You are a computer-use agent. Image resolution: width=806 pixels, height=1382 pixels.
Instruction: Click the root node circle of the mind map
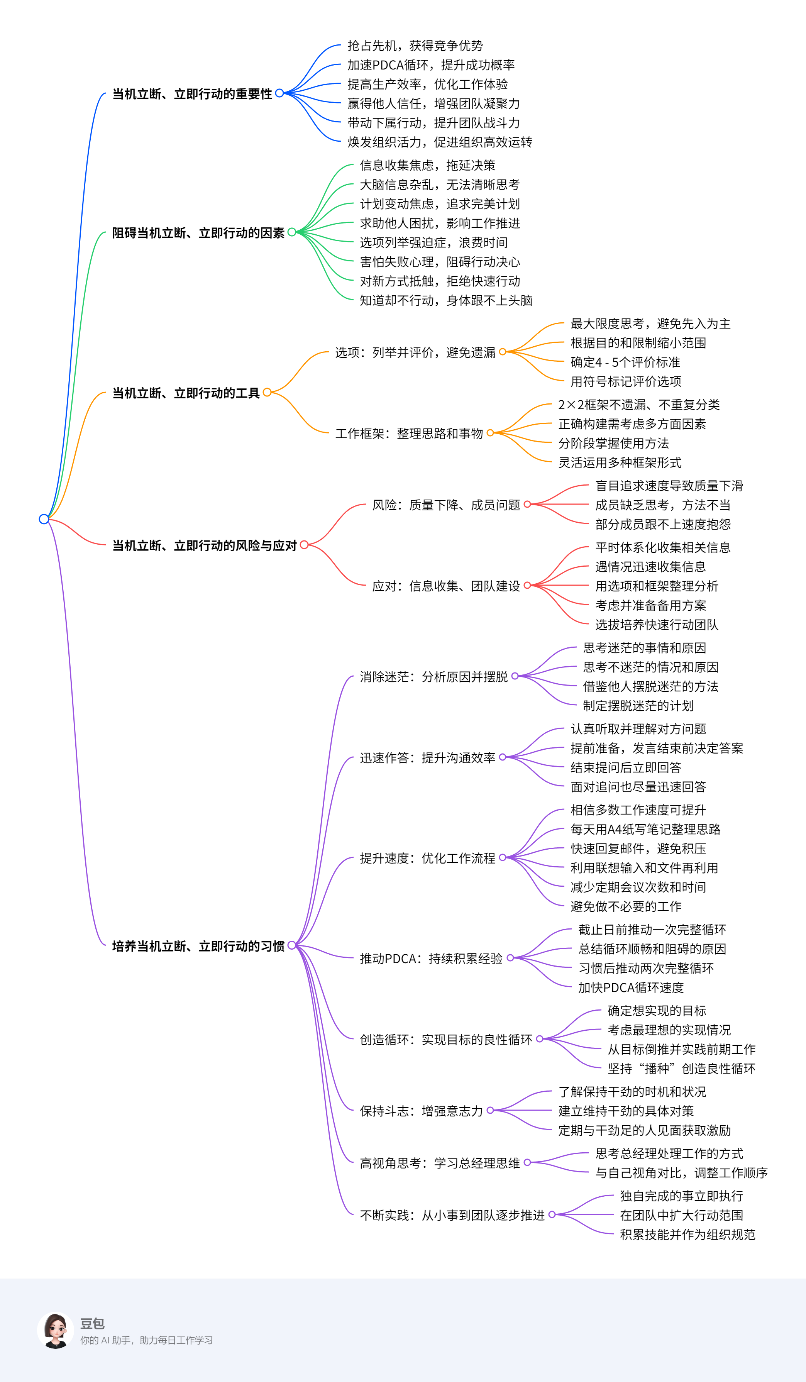tap(44, 519)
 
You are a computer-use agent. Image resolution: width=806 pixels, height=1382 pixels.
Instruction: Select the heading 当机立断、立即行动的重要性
tap(192, 94)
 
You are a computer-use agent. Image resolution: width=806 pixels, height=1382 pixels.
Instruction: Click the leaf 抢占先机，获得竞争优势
tap(415, 46)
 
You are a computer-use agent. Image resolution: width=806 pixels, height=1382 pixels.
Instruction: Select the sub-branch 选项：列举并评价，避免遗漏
tap(415, 352)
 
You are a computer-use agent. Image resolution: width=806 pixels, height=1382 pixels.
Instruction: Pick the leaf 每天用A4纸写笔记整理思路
tap(645, 829)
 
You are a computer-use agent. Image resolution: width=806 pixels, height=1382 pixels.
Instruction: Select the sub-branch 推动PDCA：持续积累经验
tap(431, 959)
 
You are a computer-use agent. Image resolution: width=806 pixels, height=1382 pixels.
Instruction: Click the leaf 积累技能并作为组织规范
tap(687, 1235)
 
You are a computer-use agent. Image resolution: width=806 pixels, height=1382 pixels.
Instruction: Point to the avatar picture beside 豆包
tap(55, 1330)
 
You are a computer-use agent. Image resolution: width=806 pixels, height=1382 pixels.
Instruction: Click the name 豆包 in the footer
tap(92, 1323)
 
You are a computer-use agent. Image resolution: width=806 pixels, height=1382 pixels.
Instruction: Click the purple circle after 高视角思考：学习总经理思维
tap(527, 1162)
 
